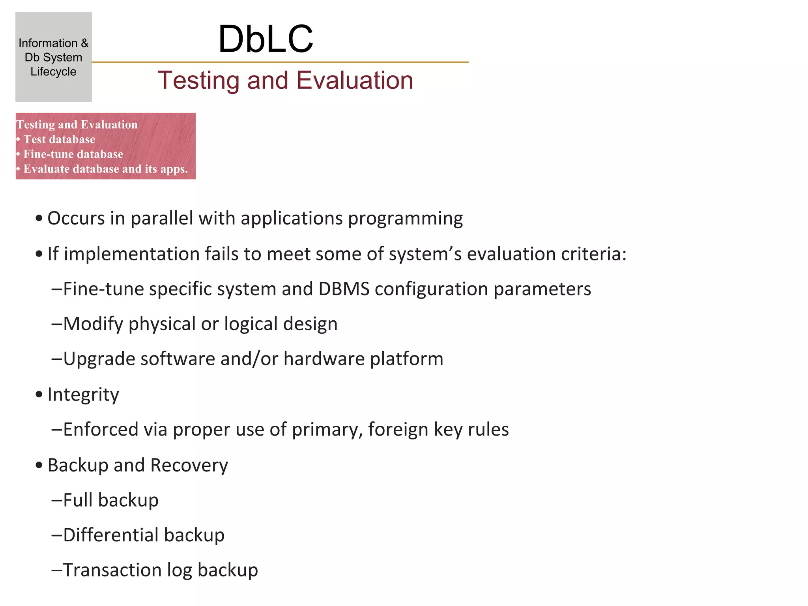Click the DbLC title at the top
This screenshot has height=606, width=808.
pos(266,39)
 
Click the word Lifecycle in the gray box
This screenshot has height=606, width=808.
pos(53,72)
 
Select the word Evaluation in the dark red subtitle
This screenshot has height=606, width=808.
pos(354,80)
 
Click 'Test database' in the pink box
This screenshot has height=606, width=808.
pos(59,140)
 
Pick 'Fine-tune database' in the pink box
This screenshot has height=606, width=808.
pos(73,154)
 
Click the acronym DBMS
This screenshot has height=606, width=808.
pos(344,289)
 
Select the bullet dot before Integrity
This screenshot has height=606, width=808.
pos(39,395)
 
